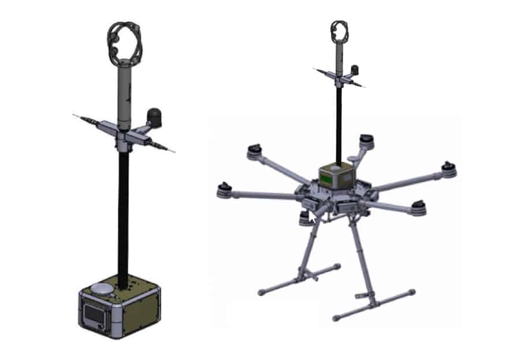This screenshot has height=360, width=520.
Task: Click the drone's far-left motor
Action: coord(224,190)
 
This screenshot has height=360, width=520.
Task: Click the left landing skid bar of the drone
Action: coord(298,280)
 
